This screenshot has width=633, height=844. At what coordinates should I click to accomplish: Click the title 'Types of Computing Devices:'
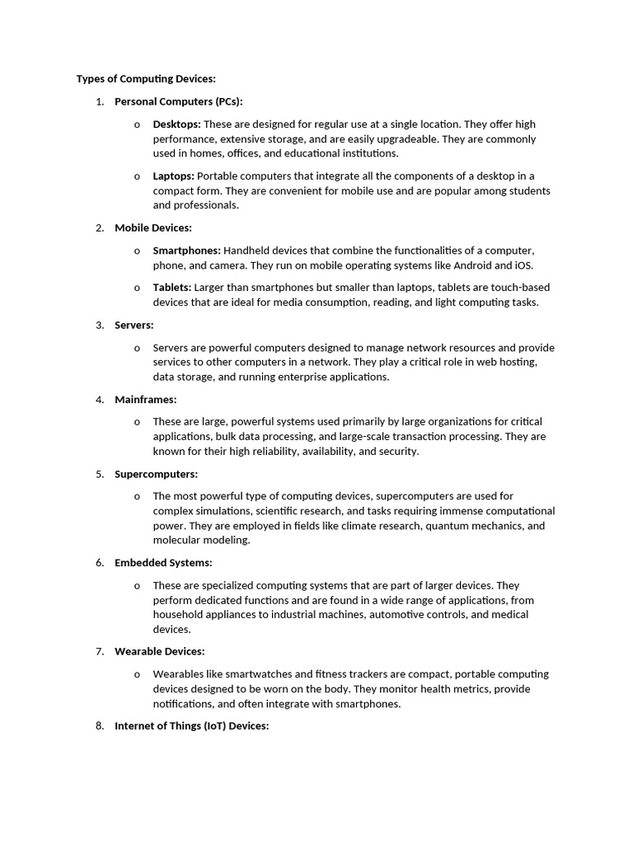coord(146,79)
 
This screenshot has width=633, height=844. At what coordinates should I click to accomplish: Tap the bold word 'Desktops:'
coord(176,124)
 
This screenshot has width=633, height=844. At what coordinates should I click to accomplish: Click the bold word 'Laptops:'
coord(173,176)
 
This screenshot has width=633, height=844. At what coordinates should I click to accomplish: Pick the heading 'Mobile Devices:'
coord(153,228)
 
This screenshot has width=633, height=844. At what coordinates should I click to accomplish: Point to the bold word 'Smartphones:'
coord(186,251)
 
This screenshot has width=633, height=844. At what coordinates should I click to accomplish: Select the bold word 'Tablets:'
coord(171,288)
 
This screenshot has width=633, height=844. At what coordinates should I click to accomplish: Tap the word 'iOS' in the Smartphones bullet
coord(523,265)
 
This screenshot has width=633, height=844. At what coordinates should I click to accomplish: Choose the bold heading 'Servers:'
coord(134,326)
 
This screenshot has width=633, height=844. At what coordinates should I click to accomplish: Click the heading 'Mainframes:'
coord(146,400)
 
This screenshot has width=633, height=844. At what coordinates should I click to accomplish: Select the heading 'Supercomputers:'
coord(157,474)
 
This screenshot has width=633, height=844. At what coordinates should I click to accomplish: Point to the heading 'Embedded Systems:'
coord(163,563)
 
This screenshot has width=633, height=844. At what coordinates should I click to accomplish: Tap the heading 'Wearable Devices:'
coord(160,652)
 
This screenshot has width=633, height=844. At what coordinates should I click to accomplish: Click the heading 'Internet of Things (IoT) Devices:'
coord(192,726)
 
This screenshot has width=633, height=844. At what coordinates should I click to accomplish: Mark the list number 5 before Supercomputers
coord(100,474)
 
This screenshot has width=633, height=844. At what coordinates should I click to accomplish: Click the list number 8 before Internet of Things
coord(100,726)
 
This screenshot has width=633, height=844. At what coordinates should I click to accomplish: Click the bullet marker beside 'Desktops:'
coord(137,124)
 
